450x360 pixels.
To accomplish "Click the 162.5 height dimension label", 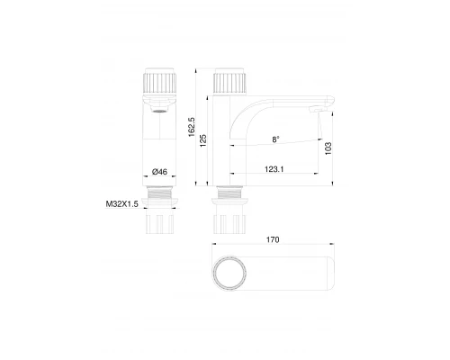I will point(192,129).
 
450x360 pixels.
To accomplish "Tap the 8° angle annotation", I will point(274,139).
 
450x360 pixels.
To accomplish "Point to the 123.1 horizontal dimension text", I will point(274,166).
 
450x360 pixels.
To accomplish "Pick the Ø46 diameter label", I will point(163,171).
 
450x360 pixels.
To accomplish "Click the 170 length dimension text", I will point(273,240).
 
